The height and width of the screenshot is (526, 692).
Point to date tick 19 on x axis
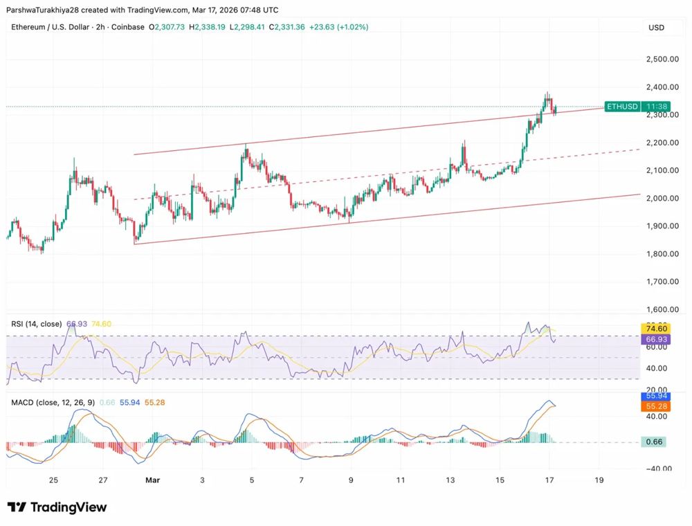point(599,480)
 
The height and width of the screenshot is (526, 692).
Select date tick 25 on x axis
point(53,480)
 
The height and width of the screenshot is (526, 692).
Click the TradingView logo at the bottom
point(57,507)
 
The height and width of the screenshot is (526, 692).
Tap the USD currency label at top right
point(656,27)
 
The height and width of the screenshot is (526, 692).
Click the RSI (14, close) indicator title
point(36,324)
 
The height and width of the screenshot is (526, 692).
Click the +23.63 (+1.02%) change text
point(339,27)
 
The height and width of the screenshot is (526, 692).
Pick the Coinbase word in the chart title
point(127,27)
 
